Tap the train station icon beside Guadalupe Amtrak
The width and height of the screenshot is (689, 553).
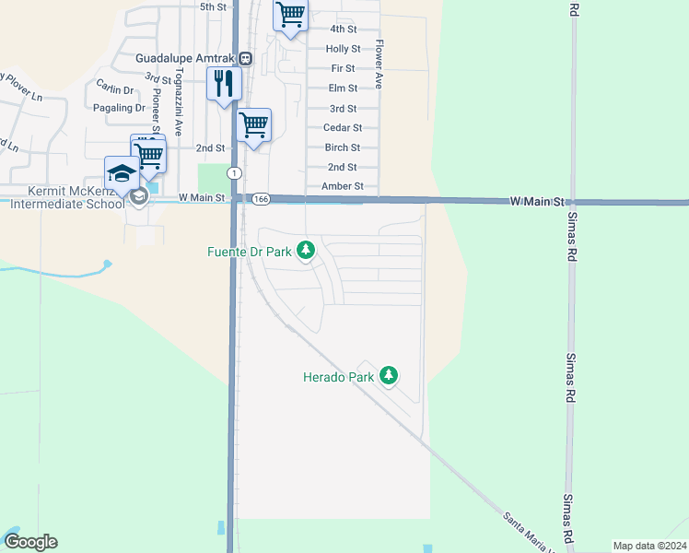point(246,58)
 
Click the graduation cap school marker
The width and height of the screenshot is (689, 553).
point(122,173)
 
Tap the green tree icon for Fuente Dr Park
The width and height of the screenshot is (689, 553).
point(306,250)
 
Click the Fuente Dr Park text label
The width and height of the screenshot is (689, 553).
point(249,250)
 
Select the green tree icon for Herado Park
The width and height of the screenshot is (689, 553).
point(390,375)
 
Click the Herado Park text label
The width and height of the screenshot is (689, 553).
point(339,376)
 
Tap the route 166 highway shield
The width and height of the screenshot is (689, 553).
point(262,198)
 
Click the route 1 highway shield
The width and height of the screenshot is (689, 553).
point(235,173)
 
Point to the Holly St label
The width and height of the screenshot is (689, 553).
point(343,49)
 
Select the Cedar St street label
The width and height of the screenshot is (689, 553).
point(343,128)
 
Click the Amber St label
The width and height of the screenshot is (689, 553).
point(343,186)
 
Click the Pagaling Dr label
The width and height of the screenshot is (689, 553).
point(120,108)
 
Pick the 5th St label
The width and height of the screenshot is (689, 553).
point(213,6)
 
